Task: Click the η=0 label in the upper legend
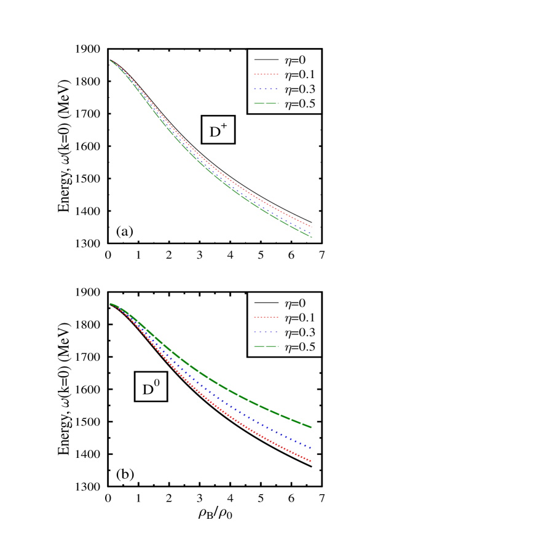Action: tap(294, 60)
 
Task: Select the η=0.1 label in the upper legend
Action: tap(299, 75)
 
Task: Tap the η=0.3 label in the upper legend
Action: tap(299, 90)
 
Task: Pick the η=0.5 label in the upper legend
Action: tap(299, 104)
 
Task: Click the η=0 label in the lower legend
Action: tap(294, 303)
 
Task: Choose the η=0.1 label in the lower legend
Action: tap(299, 318)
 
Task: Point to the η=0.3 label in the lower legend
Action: tap(299, 333)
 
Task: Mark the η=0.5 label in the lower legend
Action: tap(299, 347)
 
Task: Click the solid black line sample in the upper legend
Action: tap(266, 60)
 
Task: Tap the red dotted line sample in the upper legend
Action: tap(266, 75)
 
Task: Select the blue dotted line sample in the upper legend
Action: tap(266, 90)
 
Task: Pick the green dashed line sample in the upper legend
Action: tap(266, 104)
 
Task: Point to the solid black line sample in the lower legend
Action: tap(266, 303)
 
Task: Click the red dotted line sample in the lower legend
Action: tap(266, 318)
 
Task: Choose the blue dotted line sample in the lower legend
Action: tap(266, 333)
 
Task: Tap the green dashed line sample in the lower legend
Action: tap(266, 347)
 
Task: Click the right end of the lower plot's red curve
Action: tap(311, 461)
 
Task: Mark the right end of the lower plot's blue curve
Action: tap(311, 447)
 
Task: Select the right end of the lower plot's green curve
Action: tap(311, 427)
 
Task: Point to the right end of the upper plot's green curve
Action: tap(311, 237)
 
